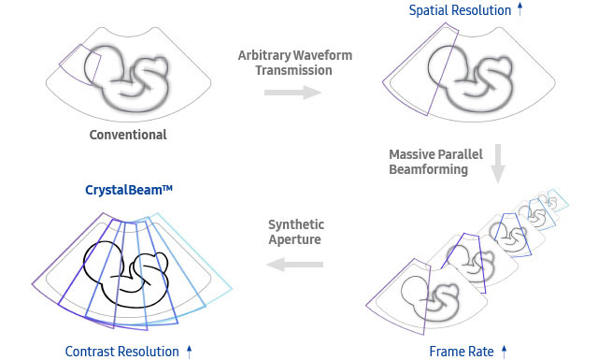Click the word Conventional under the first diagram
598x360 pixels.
point(128,135)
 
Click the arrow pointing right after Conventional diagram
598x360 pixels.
point(292,93)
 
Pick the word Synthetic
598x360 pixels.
point(296,224)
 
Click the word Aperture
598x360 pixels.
point(295,241)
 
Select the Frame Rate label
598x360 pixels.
point(460,352)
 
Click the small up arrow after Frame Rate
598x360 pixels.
point(505,352)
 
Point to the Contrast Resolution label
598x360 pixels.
point(121,352)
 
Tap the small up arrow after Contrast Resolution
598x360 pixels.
point(190,352)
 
